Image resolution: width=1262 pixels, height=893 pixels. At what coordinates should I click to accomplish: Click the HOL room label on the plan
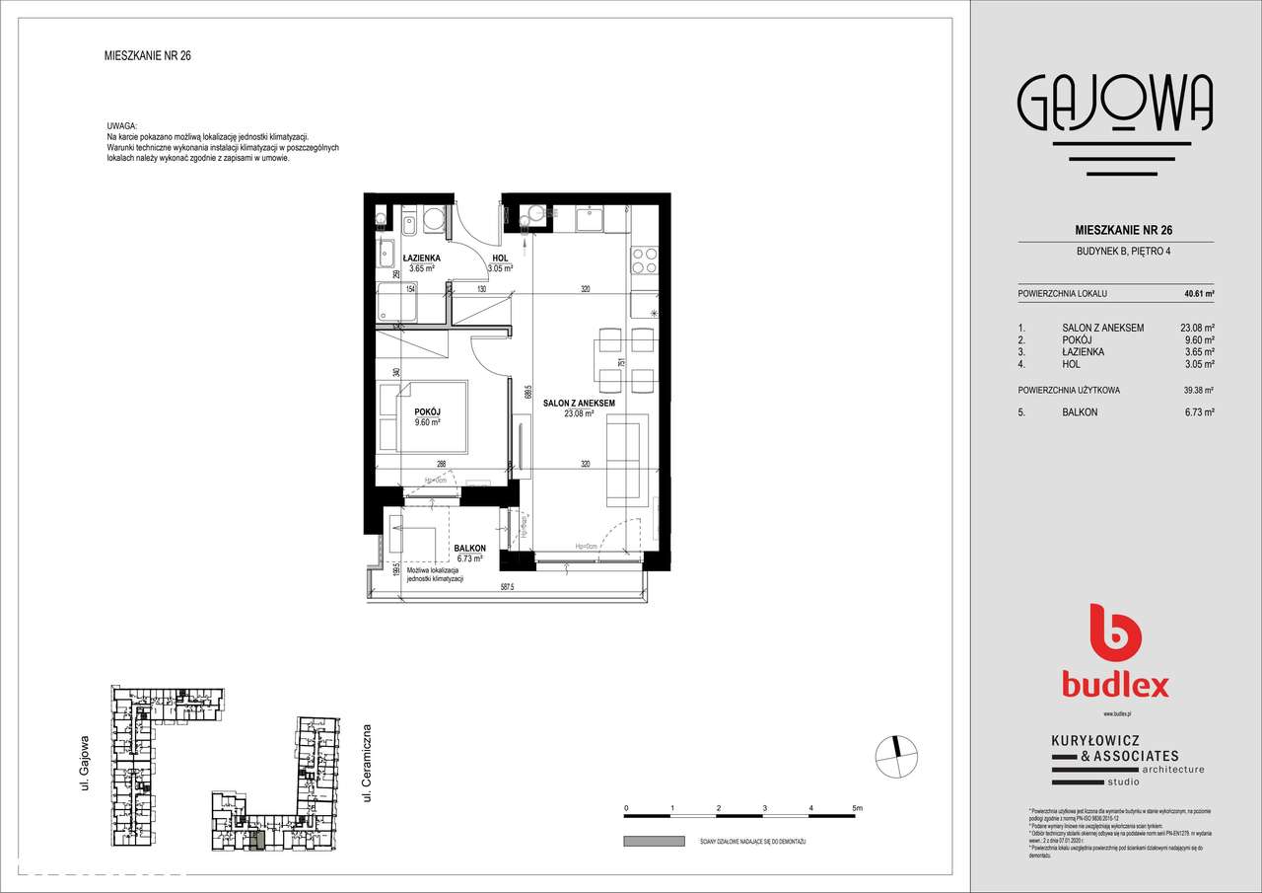500,259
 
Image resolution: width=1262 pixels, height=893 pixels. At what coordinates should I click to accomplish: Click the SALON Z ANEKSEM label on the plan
579,404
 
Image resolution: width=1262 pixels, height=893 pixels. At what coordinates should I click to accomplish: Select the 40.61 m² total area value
1198,294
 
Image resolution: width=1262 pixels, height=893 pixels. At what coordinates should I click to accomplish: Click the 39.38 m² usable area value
1197,390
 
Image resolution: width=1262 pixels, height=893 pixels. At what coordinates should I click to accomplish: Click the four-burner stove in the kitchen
644,260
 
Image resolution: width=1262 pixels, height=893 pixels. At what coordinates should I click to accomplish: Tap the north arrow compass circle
895,757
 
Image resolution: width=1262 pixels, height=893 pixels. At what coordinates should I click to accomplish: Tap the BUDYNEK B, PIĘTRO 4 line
1115,251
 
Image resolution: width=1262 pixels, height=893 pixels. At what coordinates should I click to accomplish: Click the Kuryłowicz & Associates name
1114,749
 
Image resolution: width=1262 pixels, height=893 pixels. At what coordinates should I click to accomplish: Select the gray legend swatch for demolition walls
653,841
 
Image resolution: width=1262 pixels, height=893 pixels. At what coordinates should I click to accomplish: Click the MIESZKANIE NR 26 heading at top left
147,56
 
